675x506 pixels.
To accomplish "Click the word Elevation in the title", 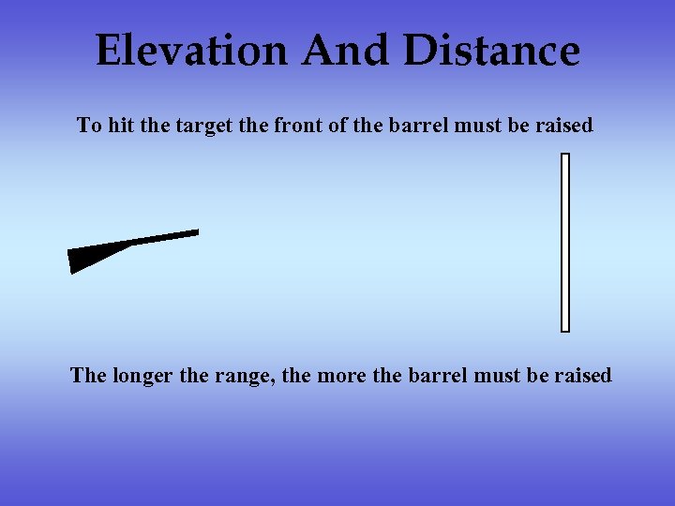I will click(191, 51).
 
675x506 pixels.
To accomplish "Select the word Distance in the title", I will click(491, 51).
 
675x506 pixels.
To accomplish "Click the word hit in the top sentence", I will click(121, 126).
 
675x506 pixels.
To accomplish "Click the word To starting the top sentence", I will click(89, 126).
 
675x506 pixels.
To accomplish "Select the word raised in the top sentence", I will click(564, 126).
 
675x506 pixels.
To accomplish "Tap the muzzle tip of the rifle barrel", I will click(195, 232).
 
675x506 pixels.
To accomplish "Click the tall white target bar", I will click(565, 244).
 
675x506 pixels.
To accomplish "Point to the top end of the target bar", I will click(565, 156).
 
